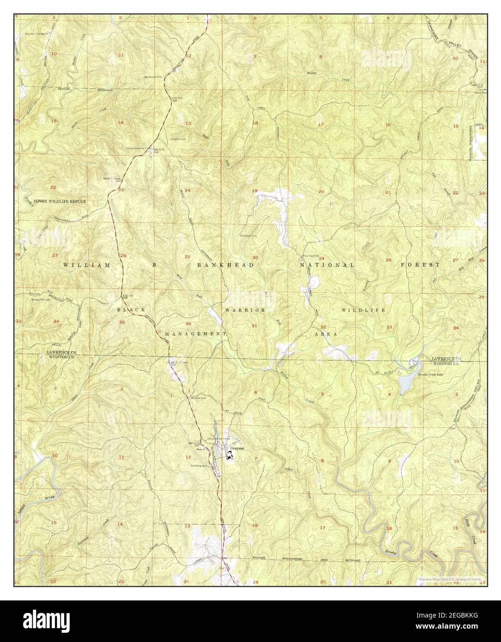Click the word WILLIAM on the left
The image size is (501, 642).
pyautogui.click(x=87, y=265)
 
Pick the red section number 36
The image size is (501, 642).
pyautogui.click(x=188, y=323)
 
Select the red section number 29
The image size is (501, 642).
pyautogui.click(x=322, y=258)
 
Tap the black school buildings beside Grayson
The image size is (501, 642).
pyautogui.click(x=229, y=455)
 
